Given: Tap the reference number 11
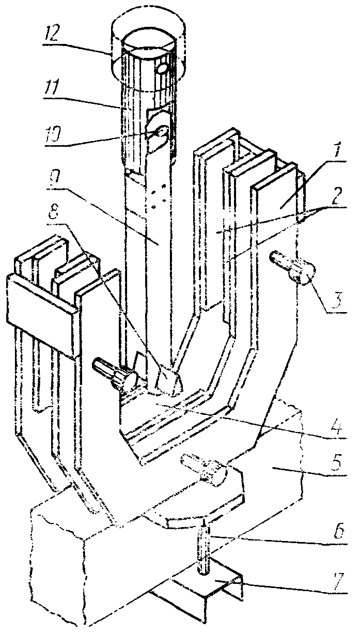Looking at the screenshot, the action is point(53,88).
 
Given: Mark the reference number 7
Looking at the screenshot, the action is point(338,579).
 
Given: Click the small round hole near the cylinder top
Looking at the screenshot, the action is point(162,68).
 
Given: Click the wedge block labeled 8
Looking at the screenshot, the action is point(168,379).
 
